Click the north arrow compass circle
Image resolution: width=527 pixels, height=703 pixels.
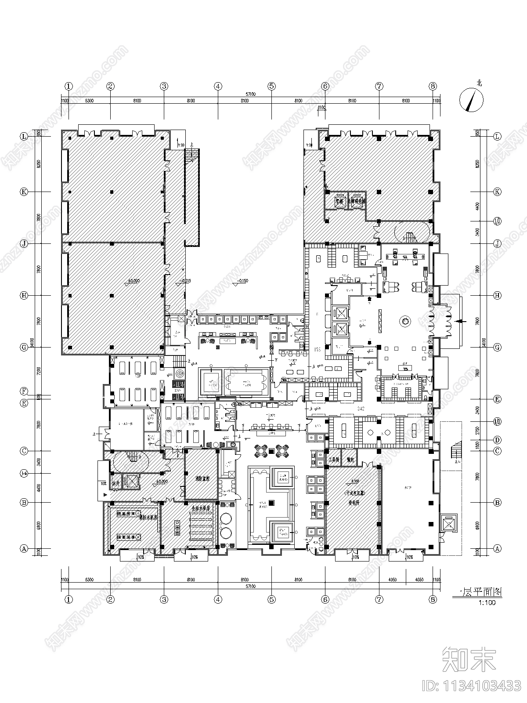tap(471, 100)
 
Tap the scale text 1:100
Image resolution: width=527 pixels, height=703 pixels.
tap(487, 603)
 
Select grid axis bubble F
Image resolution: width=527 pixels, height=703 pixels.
tap(25, 391)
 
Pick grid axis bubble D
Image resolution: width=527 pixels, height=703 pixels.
tap(497, 440)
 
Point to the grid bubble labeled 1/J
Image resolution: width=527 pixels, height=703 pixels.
tap(497, 221)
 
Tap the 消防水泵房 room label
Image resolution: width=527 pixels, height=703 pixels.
tap(148, 518)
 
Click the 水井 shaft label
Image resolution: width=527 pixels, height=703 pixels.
tap(116, 483)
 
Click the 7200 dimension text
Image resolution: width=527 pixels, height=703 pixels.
tap(39, 373)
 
